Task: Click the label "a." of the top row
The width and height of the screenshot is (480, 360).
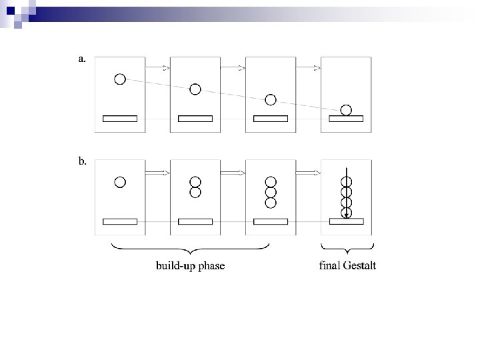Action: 82,59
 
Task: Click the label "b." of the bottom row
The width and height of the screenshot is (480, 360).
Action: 82,161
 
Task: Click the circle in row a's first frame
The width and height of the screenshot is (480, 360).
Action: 120,79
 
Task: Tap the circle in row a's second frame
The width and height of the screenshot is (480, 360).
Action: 195,89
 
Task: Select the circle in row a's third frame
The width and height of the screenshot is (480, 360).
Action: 270,100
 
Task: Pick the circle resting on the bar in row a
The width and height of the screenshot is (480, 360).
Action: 345,110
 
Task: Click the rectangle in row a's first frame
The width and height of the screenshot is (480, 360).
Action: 120,119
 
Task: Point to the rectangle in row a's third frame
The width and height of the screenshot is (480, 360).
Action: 271,119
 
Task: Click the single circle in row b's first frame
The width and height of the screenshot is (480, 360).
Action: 120,181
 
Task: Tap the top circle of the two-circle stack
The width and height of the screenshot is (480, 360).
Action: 195,181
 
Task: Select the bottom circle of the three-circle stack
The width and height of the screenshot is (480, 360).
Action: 271,202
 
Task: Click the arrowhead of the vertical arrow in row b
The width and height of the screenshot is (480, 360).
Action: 347,215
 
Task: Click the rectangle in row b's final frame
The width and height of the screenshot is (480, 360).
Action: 346,221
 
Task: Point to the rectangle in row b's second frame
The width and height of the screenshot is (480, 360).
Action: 195,221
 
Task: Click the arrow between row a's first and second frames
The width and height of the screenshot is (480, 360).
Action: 158,67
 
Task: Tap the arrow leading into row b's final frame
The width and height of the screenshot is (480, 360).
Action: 309,172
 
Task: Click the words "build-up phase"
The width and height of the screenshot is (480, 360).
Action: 191,266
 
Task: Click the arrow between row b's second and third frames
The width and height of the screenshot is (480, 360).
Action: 233,172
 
